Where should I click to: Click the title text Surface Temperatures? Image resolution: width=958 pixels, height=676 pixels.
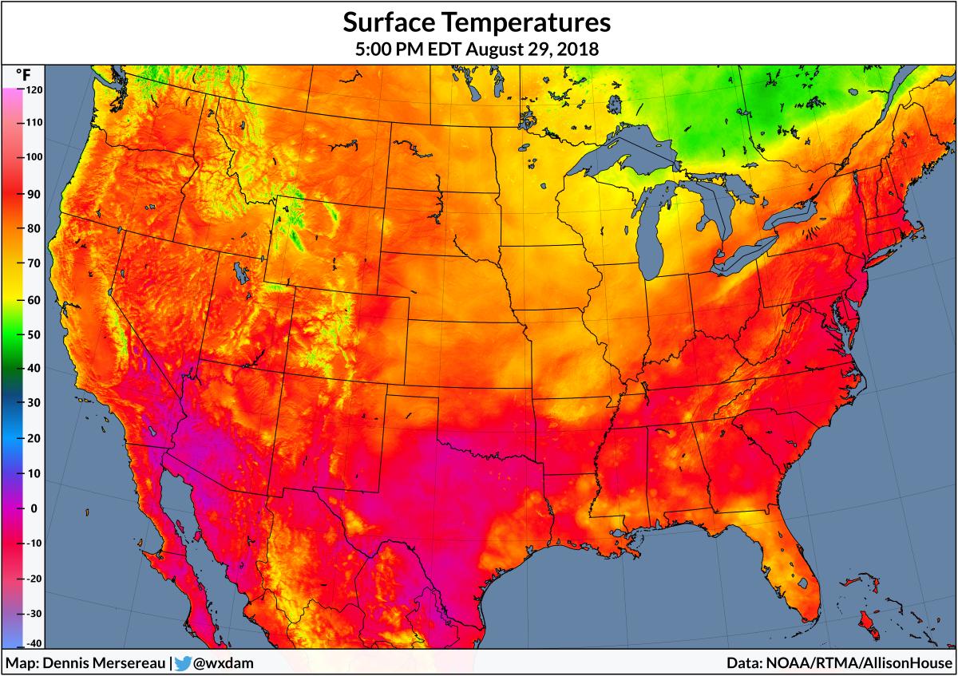click(477, 21)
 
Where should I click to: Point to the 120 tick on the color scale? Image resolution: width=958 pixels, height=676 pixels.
click(33, 90)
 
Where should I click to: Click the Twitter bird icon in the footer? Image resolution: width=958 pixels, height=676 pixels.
click(183, 663)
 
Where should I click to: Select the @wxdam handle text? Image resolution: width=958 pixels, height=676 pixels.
click(224, 663)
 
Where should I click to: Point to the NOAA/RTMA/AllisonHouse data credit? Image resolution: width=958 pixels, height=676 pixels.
click(858, 663)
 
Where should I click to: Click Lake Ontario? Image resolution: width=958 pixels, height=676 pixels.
click(791, 214)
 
